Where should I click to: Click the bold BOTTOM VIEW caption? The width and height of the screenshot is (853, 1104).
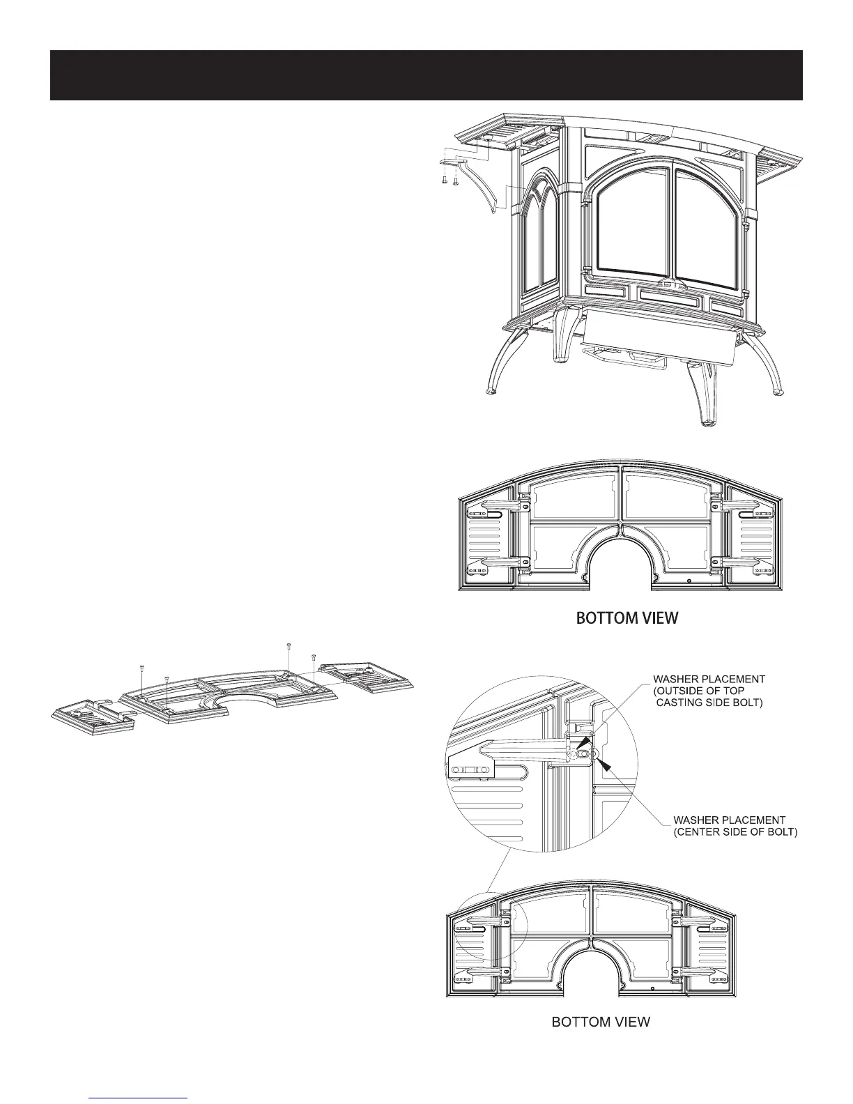(x=625, y=618)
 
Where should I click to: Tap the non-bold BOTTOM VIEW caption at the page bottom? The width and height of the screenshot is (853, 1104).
(x=601, y=1022)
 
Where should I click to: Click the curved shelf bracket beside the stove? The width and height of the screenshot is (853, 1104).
(x=480, y=187)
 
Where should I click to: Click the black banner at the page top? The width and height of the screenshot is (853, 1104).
(x=426, y=75)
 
